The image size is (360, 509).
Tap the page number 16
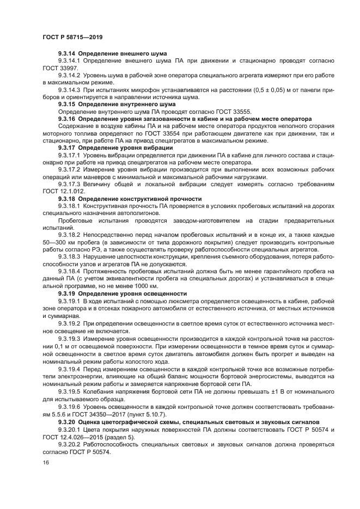46,462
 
